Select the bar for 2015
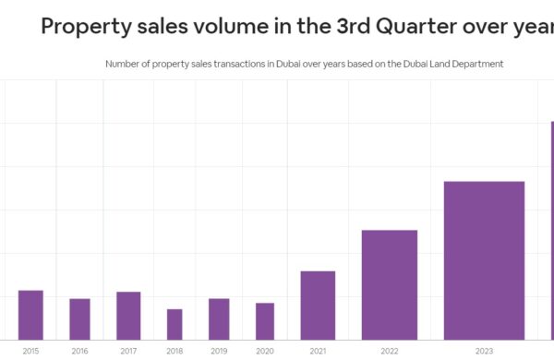pyautogui.click(x=30, y=315)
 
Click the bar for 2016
pyautogui.click(x=79, y=318)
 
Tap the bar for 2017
pyautogui.click(x=128, y=316)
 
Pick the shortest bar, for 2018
pyautogui.click(x=175, y=324)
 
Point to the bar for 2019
pyautogui.click(x=219, y=318)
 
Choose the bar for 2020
pyautogui.click(x=265, y=320)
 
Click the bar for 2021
pyautogui.click(x=318, y=305)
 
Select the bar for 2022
pyautogui.click(x=389, y=284)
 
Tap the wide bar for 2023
pyautogui.click(x=484, y=260)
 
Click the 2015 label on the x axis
pyautogui.click(x=30, y=351)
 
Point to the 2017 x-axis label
pyautogui.click(x=128, y=351)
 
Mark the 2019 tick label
pyautogui.click(x=219, y=351)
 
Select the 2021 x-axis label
pyautogui.click(x=318, y=351)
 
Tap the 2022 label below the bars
pyautogui.click(x=389, y=351)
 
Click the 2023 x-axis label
pyautogui.click(x=484, y=351)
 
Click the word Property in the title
pyautogui.click(x=85, y=26)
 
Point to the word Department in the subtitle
pyautogui.click(x=476, y=64)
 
